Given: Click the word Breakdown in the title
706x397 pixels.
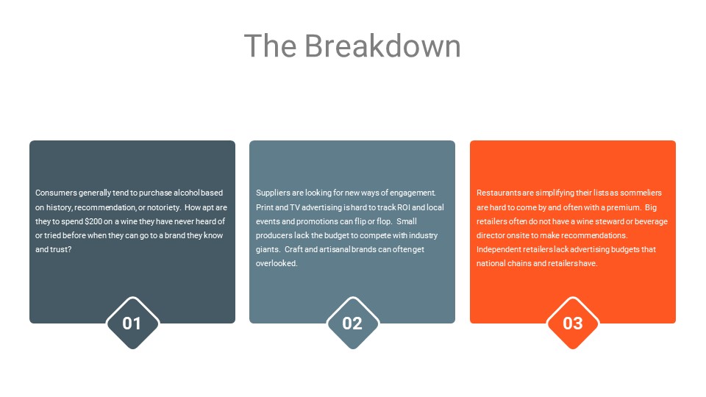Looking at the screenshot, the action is pos(382,46).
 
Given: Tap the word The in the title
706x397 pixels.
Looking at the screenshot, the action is pos(271,46).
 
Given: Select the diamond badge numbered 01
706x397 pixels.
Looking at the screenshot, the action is pos(132,323).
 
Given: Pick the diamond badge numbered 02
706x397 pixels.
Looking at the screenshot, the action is pos(352,323).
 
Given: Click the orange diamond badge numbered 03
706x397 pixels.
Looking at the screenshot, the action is pos(573,323).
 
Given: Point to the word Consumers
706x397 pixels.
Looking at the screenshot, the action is pos(56,193).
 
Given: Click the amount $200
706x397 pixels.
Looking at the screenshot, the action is pos(93,221).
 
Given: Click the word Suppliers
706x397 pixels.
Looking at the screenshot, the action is pos(273,193).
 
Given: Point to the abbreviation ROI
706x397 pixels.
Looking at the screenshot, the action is pos(404,207).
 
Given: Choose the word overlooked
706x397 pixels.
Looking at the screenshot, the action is pos(277,263).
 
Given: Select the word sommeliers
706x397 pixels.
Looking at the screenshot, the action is pos(641,193).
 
